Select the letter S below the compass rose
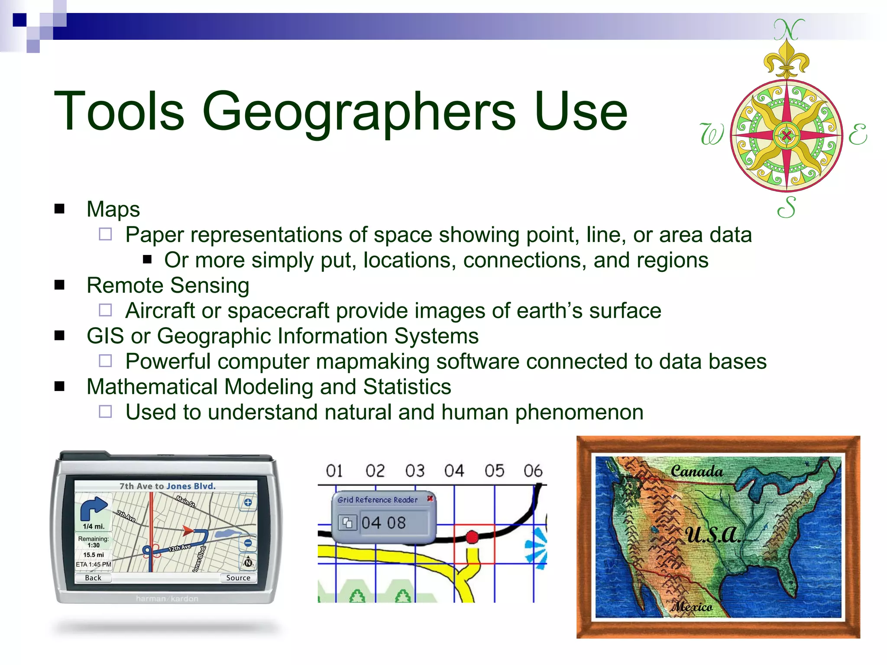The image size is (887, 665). [x=787, y=207]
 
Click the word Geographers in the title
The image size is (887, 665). [x=359, y=112]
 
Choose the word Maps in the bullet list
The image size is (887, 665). [x=113, y=210]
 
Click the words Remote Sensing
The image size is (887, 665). [x=168, y=286]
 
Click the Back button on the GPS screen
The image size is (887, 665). [x=93, y=578]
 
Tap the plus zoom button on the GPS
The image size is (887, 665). [x=248, y=503]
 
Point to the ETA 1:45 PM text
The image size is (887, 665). [x=93, y=565]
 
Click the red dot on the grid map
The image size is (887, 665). [x=472, y=537]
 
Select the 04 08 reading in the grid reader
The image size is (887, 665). [x=384, y=523]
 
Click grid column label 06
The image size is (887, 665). [x=533, y=471]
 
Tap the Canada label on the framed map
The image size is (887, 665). [x=697, y=471]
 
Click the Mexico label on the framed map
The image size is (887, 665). [x=692, y=607]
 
